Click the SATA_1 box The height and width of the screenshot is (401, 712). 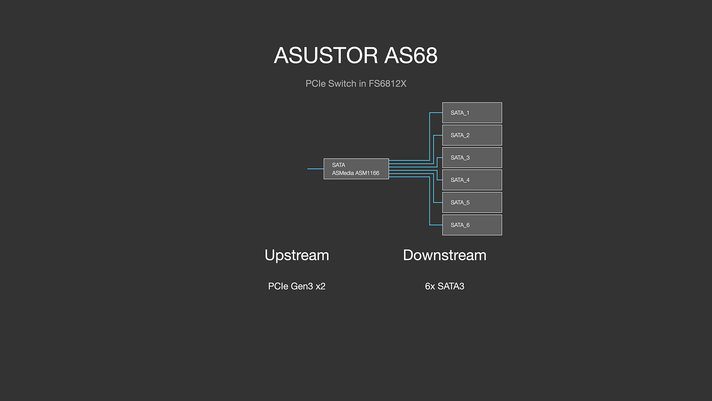[472, 113]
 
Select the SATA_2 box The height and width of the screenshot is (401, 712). [472, 135]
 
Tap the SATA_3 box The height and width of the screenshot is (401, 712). [472, 158]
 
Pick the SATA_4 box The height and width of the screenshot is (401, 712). [472, 180]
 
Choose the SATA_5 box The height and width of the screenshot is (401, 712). [472, 202]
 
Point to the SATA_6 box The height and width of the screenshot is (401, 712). [472, 225]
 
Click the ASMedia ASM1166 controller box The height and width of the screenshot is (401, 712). [356, 169]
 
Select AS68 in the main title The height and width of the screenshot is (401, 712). [411, 56]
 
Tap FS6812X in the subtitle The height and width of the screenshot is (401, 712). [387, 84]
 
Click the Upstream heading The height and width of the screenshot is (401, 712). [297, 255]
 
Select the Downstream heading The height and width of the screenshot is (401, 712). [445, 255]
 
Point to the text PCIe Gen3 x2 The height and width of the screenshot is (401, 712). [297, 286]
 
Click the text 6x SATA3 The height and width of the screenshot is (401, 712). [445, 286]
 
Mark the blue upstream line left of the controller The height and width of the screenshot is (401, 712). [315, 169]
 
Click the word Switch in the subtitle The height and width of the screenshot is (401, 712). [342, 84]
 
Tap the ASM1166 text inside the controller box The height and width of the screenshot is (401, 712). [367, 173]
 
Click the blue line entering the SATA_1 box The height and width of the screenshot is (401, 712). [436, 113]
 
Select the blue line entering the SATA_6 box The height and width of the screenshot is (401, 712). [436, 225]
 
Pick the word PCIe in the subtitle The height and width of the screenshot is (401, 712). [316, 84]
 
